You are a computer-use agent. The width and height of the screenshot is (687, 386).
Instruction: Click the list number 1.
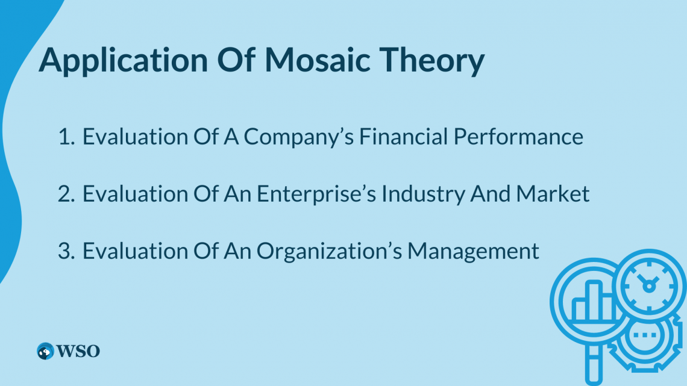[64, 137]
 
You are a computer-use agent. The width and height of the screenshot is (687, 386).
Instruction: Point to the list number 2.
[64, 194]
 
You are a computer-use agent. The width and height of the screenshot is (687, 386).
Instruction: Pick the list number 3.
[64, 251]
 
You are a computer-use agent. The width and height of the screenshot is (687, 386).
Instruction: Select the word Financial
[403, 137]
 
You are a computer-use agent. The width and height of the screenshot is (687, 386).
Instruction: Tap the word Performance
[518, 137]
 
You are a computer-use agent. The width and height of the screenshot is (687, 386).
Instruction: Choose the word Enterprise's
[319, 194]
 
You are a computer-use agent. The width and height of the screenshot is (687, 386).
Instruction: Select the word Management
[473, 251]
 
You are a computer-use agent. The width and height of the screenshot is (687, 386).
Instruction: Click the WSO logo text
[78, 351]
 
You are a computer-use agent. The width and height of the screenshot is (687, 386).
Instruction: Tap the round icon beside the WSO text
[45, 351]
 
